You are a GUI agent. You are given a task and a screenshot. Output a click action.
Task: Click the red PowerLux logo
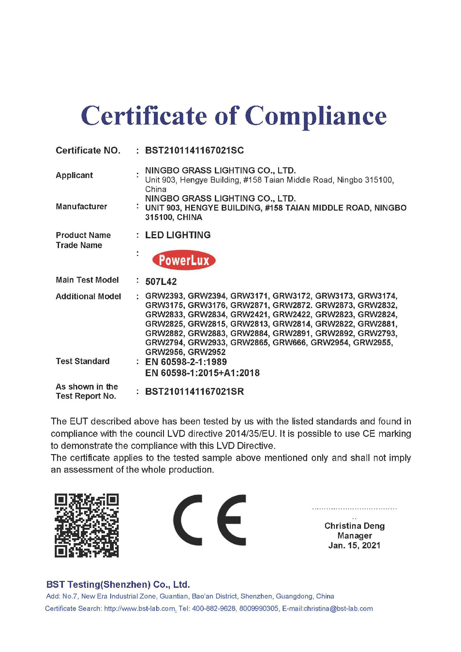tap(184, 260)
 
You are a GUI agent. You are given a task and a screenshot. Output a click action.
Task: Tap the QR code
tap(86, 525)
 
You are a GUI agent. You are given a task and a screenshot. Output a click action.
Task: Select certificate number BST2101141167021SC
tap(194, 150)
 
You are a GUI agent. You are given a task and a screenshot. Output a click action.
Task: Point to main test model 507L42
tap(161, 281)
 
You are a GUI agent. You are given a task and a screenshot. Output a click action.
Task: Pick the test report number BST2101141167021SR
tap(194, 392)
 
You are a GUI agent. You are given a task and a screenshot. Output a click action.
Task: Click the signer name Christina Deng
tap(354, 526)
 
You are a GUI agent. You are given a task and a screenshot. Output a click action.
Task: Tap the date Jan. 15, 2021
tap(354, 545)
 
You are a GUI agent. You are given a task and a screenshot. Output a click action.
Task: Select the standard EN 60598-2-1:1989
tap(186, 362)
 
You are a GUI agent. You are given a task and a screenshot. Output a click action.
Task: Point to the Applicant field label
tap(74, 175)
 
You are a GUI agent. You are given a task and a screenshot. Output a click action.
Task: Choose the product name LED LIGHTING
tap(178, 235)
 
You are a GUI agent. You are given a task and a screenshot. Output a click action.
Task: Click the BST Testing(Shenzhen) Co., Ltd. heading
tap(118, 585)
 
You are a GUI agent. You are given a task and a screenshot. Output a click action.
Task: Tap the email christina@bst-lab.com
tap(338, 609)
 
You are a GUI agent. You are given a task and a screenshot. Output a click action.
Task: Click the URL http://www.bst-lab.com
tap(140, 609)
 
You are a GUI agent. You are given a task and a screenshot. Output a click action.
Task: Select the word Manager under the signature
tap(354, 536)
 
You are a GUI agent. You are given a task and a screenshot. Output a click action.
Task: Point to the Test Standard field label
tap(82, 361)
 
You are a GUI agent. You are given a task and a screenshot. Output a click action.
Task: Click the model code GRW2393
tap(164, 296)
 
